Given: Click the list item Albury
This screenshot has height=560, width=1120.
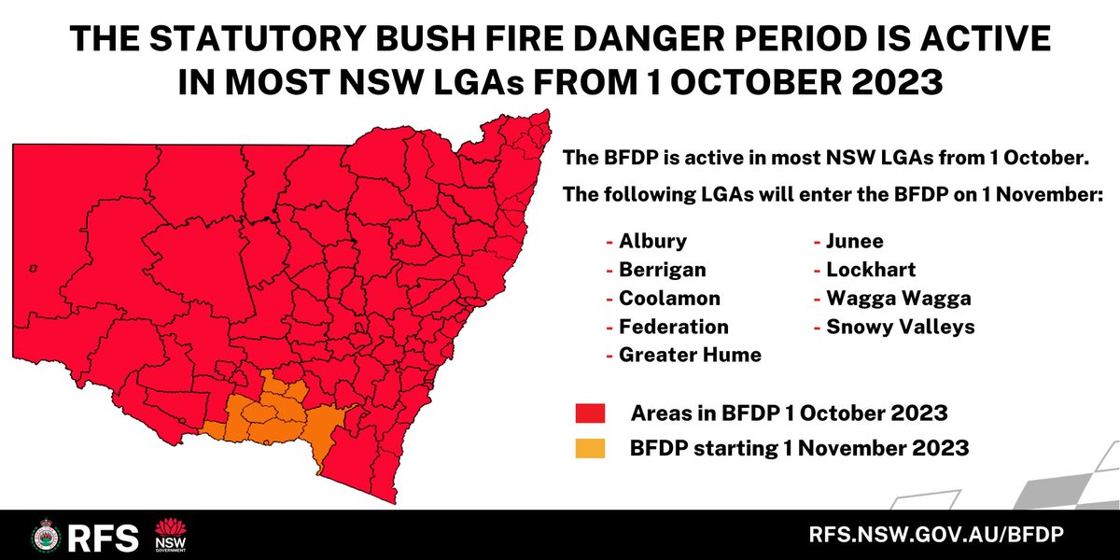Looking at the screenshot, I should click(x=652, y=241).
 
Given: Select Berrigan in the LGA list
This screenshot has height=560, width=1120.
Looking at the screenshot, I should click(x=662, y=270).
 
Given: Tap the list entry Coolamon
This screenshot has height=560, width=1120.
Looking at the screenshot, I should click(x=669, y=299).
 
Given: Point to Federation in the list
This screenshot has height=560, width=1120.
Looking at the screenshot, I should click(x=673, y=327).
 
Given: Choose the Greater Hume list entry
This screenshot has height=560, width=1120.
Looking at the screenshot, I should click(x=690, y=355).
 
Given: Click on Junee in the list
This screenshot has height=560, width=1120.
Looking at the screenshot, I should click(x=854, y=241).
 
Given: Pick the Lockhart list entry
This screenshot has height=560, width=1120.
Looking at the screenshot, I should click(x=870, y=270).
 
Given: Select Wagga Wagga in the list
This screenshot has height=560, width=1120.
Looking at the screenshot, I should click(x=899, y=299).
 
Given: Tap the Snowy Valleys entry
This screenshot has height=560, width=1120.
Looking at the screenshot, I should click(x=900, y=327).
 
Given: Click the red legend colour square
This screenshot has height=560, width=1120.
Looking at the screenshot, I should click(x=591, y=413).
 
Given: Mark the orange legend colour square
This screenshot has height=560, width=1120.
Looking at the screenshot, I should click(x=591, y=449).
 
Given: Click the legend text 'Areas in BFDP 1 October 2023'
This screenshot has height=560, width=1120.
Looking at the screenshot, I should click(x=790, y=413).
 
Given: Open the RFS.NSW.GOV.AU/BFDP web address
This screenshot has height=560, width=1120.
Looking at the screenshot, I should click(x=937, y=537).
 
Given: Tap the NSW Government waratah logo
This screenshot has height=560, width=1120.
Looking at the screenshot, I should click(x=170, y=535).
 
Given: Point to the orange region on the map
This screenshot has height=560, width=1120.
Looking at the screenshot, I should click(x=280, y=415).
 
